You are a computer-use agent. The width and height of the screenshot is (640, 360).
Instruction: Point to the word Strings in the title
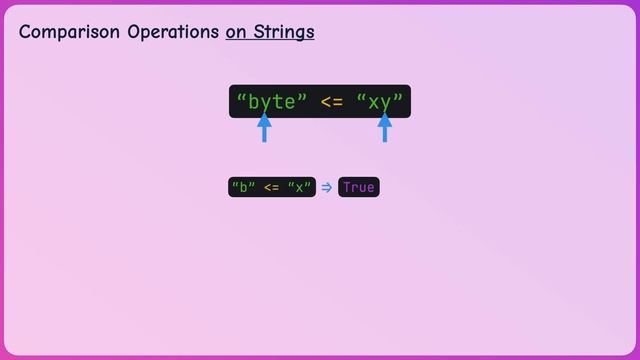coord(284,32)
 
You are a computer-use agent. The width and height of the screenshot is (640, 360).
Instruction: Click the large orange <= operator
coord(332,102)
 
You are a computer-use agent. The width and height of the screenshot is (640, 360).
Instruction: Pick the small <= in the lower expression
coord(271,187)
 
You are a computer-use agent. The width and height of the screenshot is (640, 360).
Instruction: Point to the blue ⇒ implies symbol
coord(326,187)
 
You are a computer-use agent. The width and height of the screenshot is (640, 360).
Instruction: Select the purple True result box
coord(359,187)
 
